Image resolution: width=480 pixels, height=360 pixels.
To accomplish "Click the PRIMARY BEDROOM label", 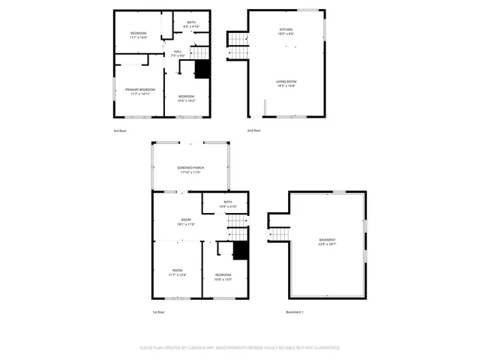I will pyautogui.click(x=140, y=89).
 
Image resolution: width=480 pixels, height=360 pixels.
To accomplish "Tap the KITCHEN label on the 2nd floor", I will pyautogui.click(x=286, y=29).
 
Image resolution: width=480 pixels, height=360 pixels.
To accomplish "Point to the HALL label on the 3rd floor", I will pyautogui.click(x=178, y=51).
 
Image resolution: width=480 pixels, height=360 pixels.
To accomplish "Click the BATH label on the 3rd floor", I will pyautogui.click(x=191, y=22).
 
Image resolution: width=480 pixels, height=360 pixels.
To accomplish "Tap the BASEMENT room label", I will pyautogui.click(x=327, y=239).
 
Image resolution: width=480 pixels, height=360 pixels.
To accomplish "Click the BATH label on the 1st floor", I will pyautogui.click(x=227, y=201).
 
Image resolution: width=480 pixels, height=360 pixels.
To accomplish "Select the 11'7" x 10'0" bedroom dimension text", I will pyautogui.click(x=139, y=37).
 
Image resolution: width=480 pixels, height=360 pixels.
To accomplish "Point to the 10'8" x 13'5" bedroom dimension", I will pyautogui.click(x=223, y=279).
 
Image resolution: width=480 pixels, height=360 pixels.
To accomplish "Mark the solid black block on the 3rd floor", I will pyautogui.click(x=202, y=69).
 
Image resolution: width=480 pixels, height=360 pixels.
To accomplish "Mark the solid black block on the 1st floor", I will pyautogui.click(x=240, y=251).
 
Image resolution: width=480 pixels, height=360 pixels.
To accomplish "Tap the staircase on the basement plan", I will pyautogui.click(x=279, y=233).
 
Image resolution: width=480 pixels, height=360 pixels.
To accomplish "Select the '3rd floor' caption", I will pyautogui.click(x=120, y=130).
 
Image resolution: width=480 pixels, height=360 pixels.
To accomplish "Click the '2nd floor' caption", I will pyautogui.click(x=253, y=130).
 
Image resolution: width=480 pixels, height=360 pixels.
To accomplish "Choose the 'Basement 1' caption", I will pyautogui.click(x=294, y=312).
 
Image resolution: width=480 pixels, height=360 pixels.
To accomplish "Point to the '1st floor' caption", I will pyautogui.click(x=158, y=312).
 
